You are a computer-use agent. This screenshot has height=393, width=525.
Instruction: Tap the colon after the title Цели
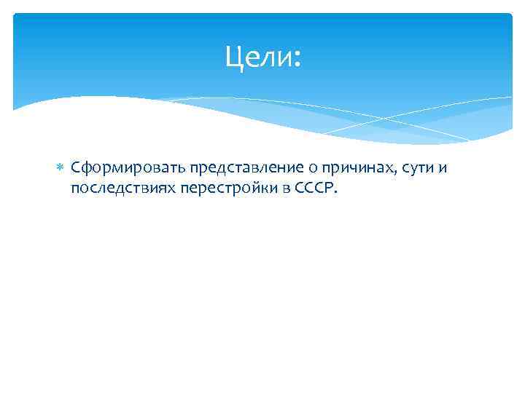pyautogui.click(x=295, y=58)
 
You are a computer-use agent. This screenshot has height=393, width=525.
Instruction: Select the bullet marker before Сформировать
pyautogui.click(x=61, y=168)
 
